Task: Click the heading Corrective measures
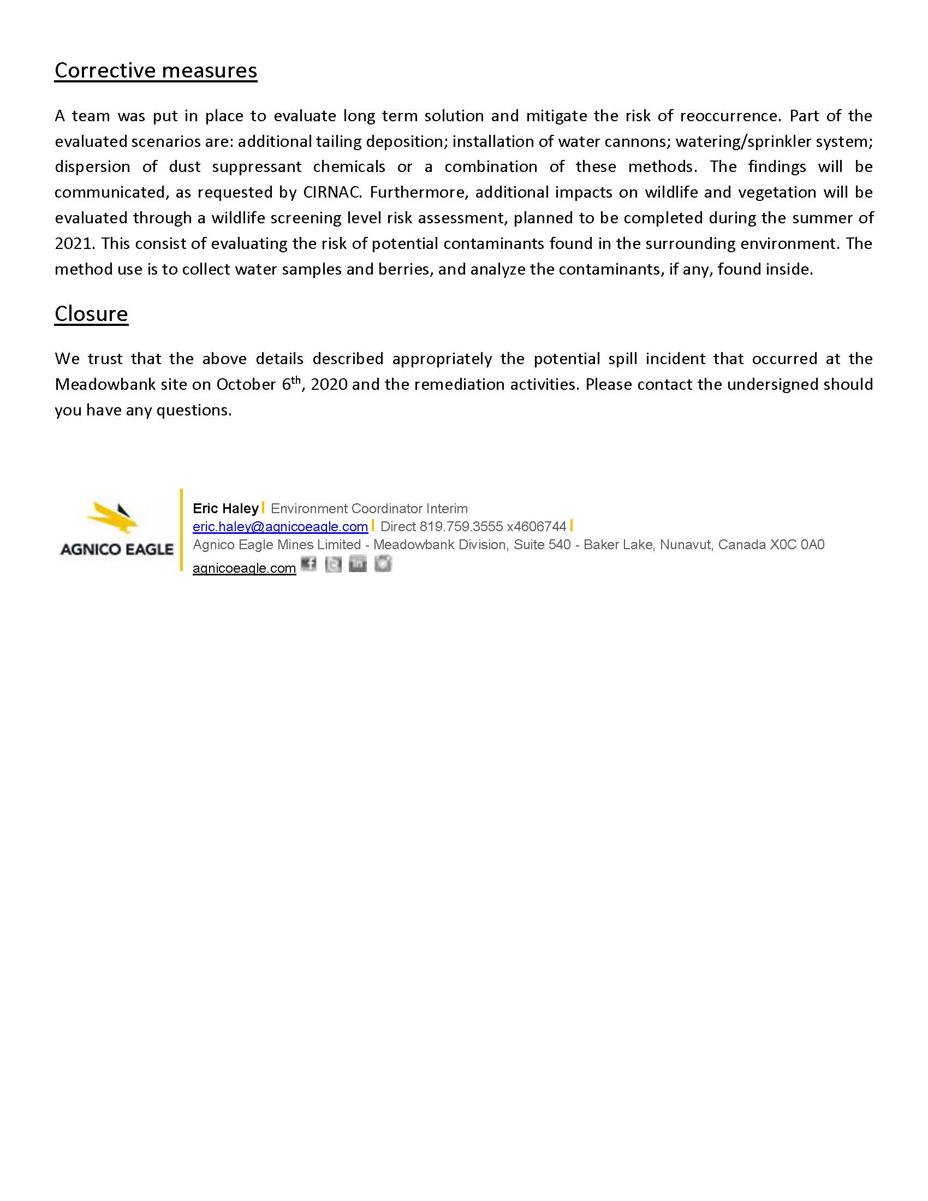156,70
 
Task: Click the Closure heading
91,313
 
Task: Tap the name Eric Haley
225,508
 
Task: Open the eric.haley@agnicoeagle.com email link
280,527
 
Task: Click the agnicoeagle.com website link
244,568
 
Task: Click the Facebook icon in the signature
309,564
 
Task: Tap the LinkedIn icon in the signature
358,564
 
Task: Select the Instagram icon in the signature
383,564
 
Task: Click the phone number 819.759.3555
461,527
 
